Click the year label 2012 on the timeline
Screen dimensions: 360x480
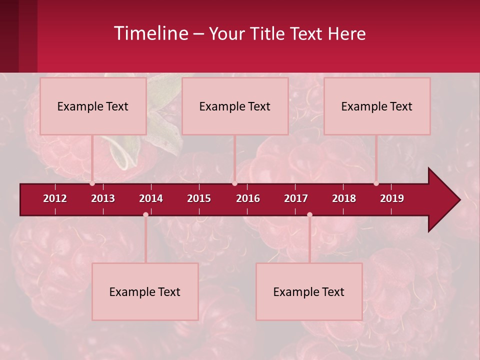click(x=55, y=198)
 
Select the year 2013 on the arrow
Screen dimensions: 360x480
click(x=103, y=198)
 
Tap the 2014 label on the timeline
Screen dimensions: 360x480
click(x=151, y=198)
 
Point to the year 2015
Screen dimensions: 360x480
click(x=199, y=198)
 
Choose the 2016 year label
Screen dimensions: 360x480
click(x=248, y=198)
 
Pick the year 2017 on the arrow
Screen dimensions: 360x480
click(x=296, y=198)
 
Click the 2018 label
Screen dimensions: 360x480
click(x=344, y=198)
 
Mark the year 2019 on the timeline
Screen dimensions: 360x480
click(x=392, y=198)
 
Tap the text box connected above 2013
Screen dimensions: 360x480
click(x=93, y=106)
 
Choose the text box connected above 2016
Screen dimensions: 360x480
click(x=235, y=106)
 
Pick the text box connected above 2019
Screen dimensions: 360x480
click(x=377, y=106)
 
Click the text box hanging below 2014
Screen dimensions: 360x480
click(x=145, y=291)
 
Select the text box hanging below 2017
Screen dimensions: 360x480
click(x=309, y=291)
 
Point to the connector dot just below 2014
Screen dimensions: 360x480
click(x=145, y=215)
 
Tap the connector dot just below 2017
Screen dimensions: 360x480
click(x=309, y=215)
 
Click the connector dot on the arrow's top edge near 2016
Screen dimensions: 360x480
click(x=234, y=183)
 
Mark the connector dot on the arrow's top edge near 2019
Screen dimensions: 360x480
click(x=376, y=183)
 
